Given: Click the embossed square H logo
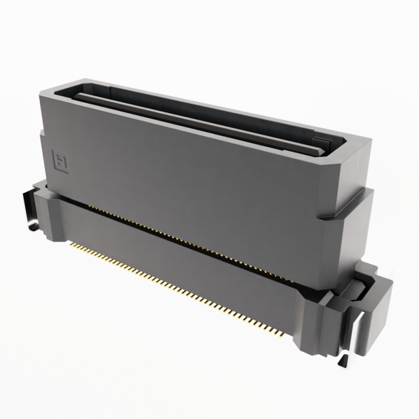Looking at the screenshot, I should click(x=61, y=160).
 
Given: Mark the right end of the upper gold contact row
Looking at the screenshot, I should click(x=293, y=281).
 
